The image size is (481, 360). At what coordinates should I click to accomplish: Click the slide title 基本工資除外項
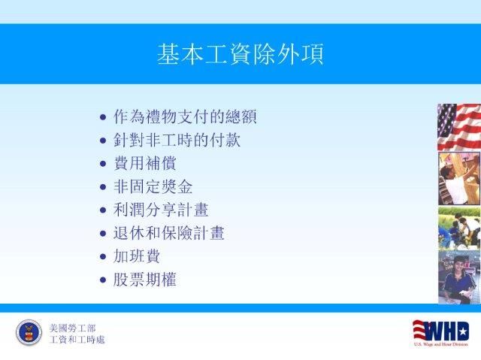coord(240,54)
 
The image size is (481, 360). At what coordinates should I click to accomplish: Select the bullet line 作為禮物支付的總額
coord(185,116)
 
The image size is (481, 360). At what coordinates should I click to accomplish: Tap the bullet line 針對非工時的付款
coord(177,140)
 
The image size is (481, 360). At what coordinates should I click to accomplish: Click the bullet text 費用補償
coord(145,163)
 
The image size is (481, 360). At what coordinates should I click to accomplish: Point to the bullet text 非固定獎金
coord(153,186)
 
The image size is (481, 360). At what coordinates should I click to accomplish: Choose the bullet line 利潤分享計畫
coord(161,210)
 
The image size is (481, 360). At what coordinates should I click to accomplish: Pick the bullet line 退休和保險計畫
coord(168,233)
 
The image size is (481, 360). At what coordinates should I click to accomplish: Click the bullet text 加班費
coord(137,256)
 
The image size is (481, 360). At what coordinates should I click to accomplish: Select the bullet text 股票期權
coord(145,280)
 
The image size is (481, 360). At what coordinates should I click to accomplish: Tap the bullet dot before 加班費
coord(103,256)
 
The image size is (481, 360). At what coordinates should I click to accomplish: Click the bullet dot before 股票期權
coord(103,280)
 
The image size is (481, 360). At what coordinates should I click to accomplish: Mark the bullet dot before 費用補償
coord(103,163)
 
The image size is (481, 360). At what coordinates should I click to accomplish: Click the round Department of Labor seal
coord(29,332)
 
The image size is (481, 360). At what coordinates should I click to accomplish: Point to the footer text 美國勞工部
coord(73,328)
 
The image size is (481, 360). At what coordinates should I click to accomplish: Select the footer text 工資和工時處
coord(77,340)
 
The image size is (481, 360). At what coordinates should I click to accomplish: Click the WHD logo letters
coord(441,331)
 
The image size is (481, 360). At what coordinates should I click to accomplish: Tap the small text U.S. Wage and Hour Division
coord(441,344)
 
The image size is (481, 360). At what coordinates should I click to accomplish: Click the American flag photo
coord(459,127)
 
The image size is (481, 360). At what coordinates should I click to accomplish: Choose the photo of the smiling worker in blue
coord(459,277)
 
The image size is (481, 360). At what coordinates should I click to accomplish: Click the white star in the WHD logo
coord(464,331)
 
